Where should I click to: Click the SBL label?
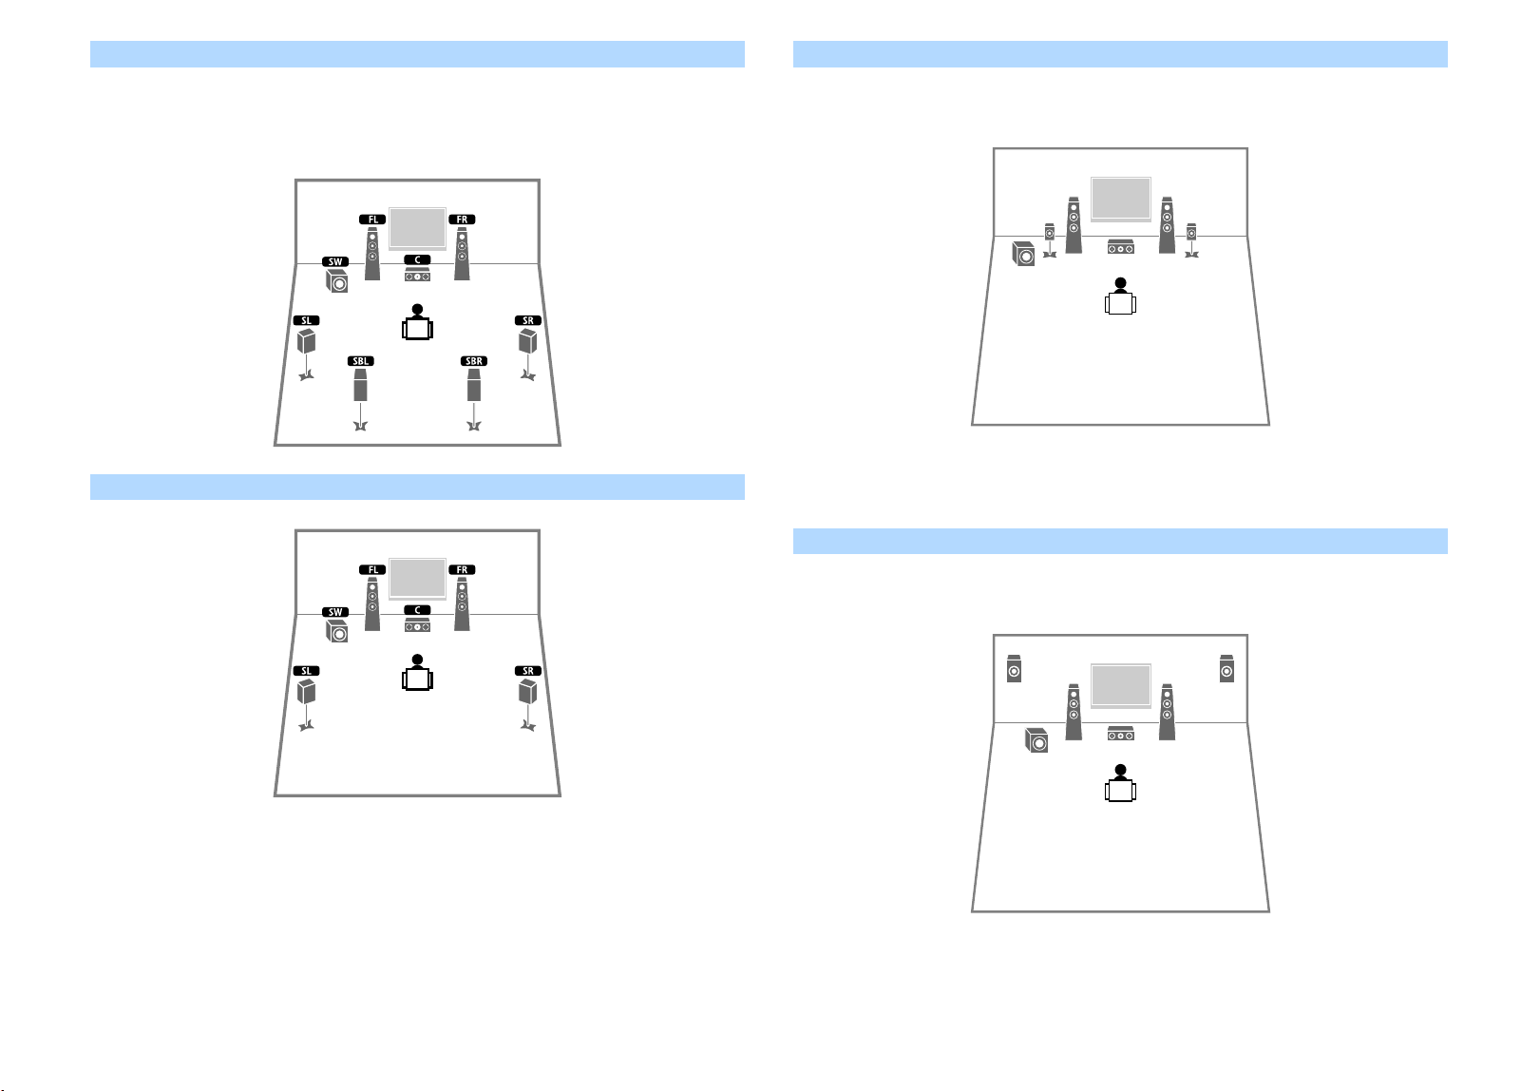(x=361, y=361)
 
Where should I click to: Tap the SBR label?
(x=474, y=361)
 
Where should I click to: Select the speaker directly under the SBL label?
(x=360, y=385)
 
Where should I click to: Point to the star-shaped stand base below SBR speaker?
(x=474, y=426)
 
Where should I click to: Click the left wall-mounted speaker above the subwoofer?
(x=1014, y=669)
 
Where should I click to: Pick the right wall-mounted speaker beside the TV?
(x=1227, y=669)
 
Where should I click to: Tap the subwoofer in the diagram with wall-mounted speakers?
(x=1036, y=740)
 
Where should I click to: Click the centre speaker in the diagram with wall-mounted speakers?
(x=1121, y=734)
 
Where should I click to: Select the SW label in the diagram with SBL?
(x=335, y=261)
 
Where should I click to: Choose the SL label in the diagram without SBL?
(x=307, y=671)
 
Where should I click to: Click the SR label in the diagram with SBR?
(x=528, y=320)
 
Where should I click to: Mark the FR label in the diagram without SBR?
(x=462, y=569)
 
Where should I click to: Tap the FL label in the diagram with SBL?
(x=372, y=220)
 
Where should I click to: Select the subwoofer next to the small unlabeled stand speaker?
(x=1024, y=254)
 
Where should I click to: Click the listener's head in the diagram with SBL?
(x=417, y=310)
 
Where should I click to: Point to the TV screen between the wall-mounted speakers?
(x=1121, y=684)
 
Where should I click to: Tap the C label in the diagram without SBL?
(x=417, y=610)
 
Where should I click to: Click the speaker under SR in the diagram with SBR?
(x=528, y=341)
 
